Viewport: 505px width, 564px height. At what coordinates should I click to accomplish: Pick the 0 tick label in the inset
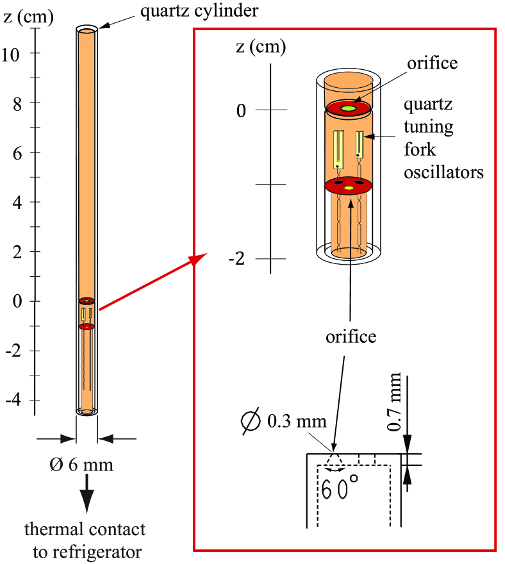(240, 110)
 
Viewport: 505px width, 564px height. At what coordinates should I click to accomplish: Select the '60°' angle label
(341, 490)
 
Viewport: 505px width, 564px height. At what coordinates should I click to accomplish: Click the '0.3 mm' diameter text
(297, 422)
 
